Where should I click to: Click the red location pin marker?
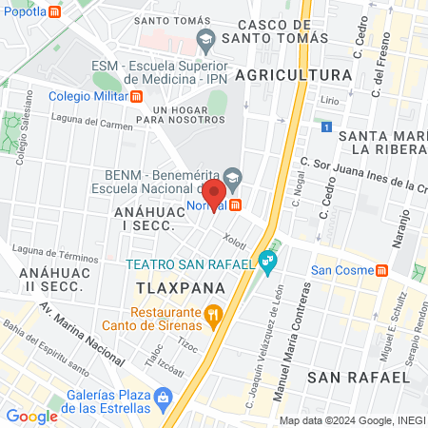tap(212, 194)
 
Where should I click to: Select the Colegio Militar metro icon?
tap(138, 95)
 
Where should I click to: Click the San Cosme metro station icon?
tap(381, 269)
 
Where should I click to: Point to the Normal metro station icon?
tap(235, 204)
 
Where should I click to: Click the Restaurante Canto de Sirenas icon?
tap(214, 312)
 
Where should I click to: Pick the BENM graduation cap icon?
tap(233, 178)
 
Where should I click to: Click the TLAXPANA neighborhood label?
tap(180, 287)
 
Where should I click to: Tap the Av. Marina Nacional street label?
tap(83, 333)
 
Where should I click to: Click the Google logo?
tap(31, 416)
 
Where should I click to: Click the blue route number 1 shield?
tap(326, 126)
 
